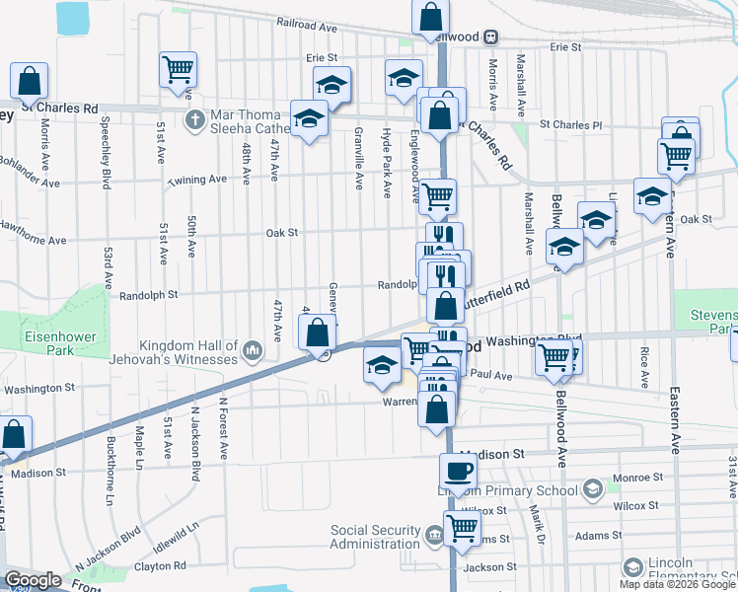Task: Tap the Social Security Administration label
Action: pyautogui.click(x=374, y=537)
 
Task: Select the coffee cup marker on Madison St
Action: pyautogui.click(x=457, y=472)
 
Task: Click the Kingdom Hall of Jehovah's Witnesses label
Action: pyautogui.click(x=188, y=352)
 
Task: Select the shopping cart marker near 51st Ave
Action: pyautogui.click(x=179, y=70)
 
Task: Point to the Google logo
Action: pyautogui.click(x=34, y=579)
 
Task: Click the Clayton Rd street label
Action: pyautogui.click(x=160, y=566)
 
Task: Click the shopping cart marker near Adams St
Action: pyautogui.click(x=462, y=530)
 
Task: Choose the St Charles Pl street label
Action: pyautogui.click(x=569, y=125)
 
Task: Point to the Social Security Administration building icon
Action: pyautogui.click(x=434, y=537)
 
